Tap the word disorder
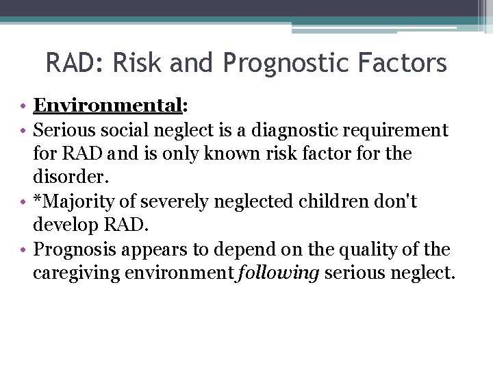[x=70, y=177]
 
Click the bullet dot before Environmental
[x=23, y=106]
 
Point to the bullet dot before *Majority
[x=23, y=201]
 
